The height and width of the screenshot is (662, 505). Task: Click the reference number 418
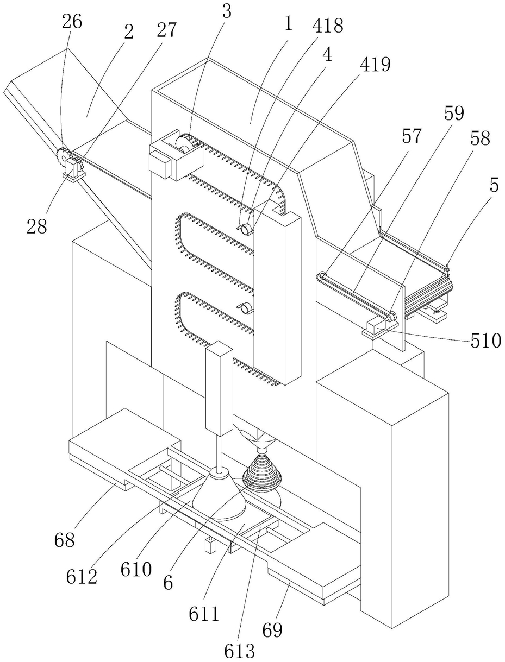(x=328, y=26)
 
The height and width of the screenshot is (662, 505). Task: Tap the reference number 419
(x=375, y=64)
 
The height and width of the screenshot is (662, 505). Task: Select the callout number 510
(x=485, y=341)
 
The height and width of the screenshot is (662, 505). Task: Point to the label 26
(x=72, y=22)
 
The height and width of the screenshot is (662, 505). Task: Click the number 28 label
(x=37, y=226)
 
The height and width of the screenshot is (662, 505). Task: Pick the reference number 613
(x=239, y=650)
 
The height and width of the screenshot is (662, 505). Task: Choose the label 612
(x=82, y=577)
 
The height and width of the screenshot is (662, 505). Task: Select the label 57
(x=412, y=136)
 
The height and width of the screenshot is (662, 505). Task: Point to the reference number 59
(x=454, y=113)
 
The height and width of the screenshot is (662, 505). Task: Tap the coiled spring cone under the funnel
(x=262, y=478)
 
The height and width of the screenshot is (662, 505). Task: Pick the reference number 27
(x=166, y=30)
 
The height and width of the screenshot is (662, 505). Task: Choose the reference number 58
(x=479, y=138)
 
